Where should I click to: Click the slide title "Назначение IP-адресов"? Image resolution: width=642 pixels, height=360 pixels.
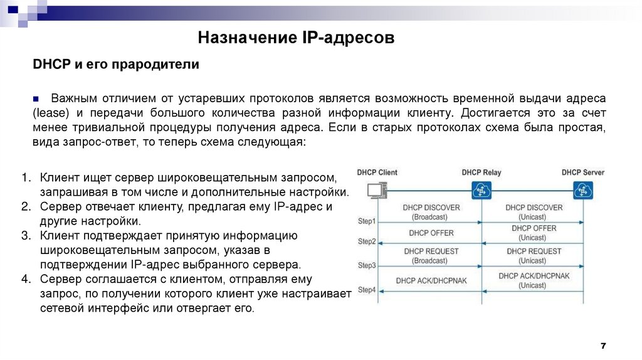[x=297, y=39]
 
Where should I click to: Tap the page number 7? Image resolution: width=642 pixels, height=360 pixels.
[x=603, y=346]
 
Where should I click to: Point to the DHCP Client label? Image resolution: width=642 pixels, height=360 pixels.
[x=377, y=172]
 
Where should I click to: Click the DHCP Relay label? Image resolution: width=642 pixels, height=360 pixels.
[x=482, y=172]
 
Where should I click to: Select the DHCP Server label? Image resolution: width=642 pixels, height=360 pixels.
[x=582, y=172]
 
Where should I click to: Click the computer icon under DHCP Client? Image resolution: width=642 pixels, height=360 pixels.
[x=377, y=190]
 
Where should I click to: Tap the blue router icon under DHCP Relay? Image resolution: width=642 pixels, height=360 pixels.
[x=481, y=190]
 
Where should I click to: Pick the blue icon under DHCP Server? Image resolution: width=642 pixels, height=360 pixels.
[x=583, y=190]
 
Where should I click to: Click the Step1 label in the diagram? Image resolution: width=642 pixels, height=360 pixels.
[x=367, y=221]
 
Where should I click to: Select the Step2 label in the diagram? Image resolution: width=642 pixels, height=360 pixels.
[x=367, y=241]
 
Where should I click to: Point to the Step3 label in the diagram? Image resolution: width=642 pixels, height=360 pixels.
[x=367, y=265]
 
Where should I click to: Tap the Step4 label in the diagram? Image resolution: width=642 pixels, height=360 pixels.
[x=367, y=289]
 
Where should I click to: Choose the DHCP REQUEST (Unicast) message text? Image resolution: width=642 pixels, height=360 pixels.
[x=533, y=255]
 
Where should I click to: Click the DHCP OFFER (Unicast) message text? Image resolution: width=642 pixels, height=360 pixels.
[x=533, y=233]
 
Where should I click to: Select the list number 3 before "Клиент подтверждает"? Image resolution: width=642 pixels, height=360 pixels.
[x=25, y=236]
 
